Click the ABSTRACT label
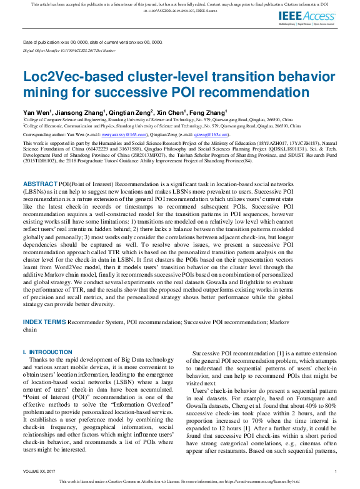click(41, 184)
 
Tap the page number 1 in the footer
click(336, 471)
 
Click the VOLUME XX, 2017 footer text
click(39, 471)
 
